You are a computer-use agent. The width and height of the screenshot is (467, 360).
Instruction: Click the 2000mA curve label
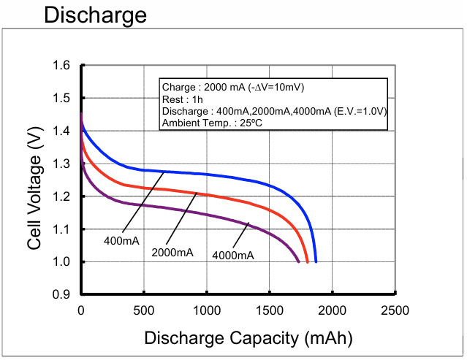click(172, 252)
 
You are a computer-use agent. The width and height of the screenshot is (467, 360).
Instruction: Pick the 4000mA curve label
click(233, 255)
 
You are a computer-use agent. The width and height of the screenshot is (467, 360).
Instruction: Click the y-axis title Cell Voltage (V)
click(34, 181)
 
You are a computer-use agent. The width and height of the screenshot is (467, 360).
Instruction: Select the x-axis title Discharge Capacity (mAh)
click(248, 338)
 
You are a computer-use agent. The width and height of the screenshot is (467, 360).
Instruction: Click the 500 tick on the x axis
click(144, 310)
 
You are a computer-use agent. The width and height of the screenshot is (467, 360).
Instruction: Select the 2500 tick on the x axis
click(395, 310)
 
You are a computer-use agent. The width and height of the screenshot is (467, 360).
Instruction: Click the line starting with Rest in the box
click(182, 99)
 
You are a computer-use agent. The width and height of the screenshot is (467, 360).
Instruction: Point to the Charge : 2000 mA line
click(233, 87)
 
